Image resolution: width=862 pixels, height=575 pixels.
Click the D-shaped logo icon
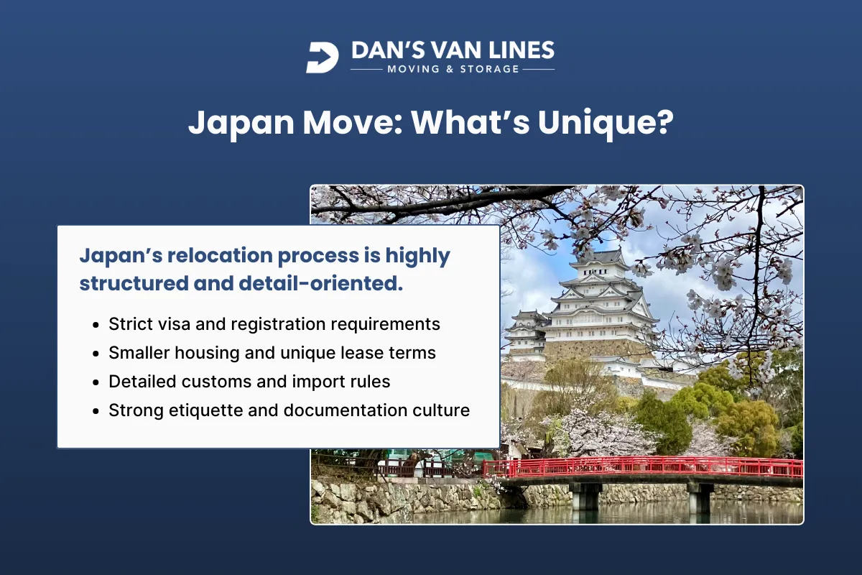[x=322, y=57]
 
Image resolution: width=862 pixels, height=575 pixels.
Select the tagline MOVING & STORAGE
[x=453, y=69]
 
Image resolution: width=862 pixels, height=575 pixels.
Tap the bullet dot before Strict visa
[x=96, y=325]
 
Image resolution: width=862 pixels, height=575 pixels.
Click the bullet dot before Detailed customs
[x=96, y=382]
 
